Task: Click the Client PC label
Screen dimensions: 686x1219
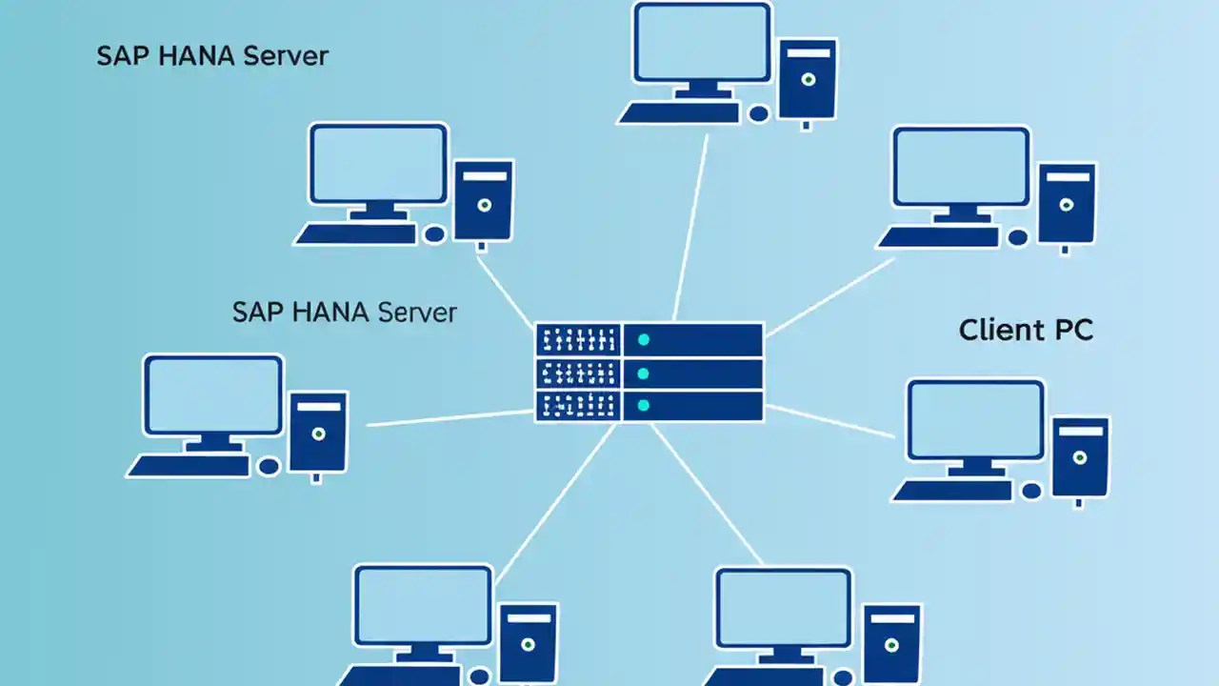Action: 1026,330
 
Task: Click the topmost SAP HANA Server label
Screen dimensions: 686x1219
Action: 211,55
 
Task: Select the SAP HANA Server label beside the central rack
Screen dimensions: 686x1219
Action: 344,312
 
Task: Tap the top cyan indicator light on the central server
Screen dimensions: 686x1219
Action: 644,340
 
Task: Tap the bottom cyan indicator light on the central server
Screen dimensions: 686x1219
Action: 644,406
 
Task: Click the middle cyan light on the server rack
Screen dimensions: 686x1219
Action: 644,373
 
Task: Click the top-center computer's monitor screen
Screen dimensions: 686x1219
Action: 703,43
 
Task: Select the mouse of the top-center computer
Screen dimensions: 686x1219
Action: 759,114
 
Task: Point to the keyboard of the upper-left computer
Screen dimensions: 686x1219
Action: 355,234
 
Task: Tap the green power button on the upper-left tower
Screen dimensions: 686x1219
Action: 485,205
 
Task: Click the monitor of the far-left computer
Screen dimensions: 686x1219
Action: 213,394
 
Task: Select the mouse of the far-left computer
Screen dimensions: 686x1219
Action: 269,466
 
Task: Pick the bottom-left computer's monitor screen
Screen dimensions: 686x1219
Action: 424,606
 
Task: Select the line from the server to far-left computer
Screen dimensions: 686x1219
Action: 448,417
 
